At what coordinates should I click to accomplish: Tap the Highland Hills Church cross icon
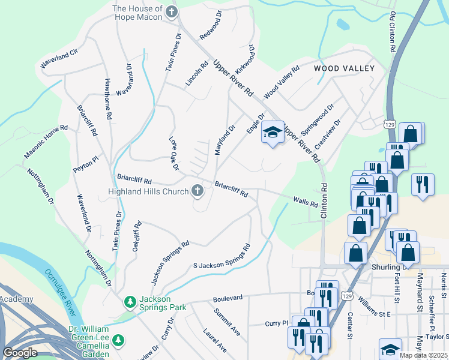197,191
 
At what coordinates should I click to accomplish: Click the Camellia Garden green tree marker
119,340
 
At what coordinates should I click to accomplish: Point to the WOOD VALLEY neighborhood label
344,68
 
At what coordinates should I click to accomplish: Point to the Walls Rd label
306,202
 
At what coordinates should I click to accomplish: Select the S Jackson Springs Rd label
221,257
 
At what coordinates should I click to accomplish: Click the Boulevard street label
228,298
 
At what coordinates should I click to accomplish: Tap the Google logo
20,353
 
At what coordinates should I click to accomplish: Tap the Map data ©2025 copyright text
423,355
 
